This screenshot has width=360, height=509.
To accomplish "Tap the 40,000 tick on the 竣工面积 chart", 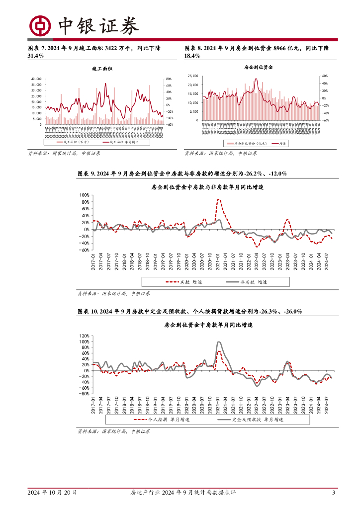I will [37, 79].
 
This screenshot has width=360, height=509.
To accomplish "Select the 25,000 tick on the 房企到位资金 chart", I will [193, 76].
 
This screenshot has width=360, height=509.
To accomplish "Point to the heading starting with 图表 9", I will [182, 173].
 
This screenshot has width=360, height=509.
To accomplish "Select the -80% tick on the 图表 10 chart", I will [83, 394].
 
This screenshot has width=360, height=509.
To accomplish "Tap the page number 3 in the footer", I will [334, 493].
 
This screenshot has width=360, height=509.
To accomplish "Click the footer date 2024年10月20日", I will [52, 493].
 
